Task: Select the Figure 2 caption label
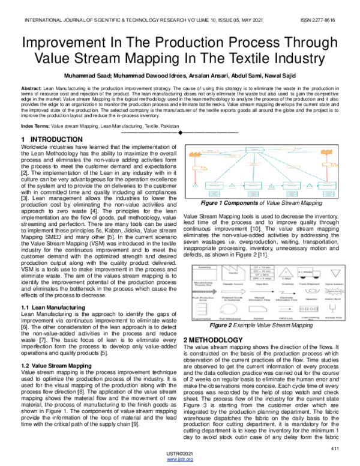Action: (223, 325)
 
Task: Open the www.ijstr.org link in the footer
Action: (179, 459)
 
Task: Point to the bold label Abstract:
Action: (32, 88)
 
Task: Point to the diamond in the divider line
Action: (180, 132)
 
